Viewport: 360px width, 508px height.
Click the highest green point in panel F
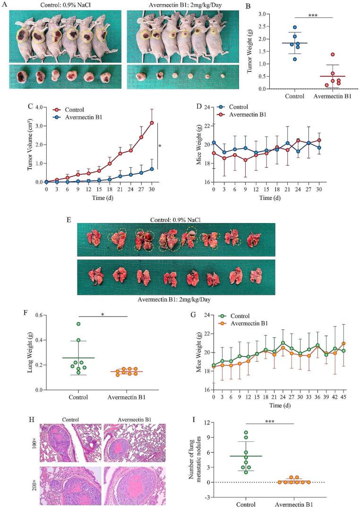pyautogui.click(x=78, y=324)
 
